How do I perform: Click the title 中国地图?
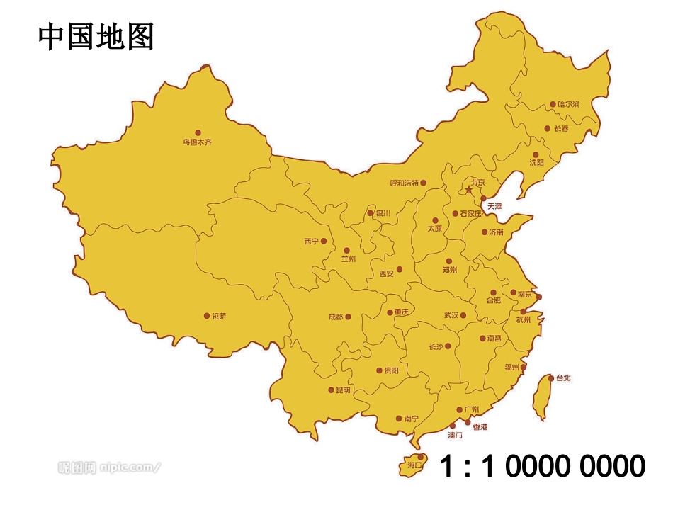(96, 37)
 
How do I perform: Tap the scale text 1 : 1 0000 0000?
(543, 467)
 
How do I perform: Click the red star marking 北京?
(468, 189)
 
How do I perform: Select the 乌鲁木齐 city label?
(197, 142)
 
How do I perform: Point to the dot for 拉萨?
(206, 316)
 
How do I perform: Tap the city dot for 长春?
(547, 128)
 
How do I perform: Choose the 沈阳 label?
(537, 163)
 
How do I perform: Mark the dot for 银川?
(370, 212)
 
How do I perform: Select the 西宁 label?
(311, 242)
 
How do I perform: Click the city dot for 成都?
(348, 317)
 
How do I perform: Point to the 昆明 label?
(343, 390)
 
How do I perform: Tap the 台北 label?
(563, 378)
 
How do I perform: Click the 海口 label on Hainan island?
(414, 466)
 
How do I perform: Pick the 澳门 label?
(456, 435)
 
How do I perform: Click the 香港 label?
(480, 427)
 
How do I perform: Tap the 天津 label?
(494, 206)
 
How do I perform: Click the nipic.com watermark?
(109, 467)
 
